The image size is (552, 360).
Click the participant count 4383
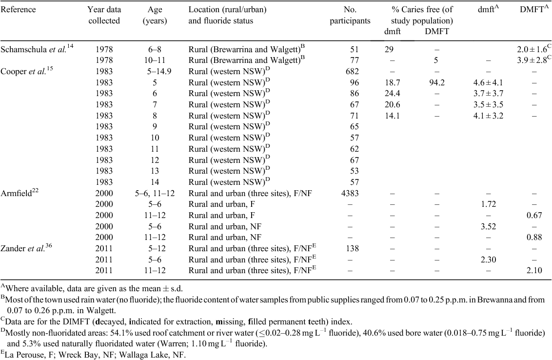tap(350, 193)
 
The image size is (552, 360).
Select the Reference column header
tap(19, 9)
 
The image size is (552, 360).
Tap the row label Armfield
tap(16, 193)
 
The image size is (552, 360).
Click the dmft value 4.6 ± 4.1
tap(488, 83)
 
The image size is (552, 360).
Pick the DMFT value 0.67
tap(534, 216)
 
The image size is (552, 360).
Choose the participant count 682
tap(353, 72)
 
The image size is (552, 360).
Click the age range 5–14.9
tap(159, 72)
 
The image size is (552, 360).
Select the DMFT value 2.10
tap(534, 271)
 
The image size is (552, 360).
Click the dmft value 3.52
tap(488, 226)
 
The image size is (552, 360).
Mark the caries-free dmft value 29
tap(389, 50)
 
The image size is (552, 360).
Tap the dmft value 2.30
tap(488, 260)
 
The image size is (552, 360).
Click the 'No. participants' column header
tap(350, 15)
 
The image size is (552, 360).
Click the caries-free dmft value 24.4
tap(392, 94)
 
